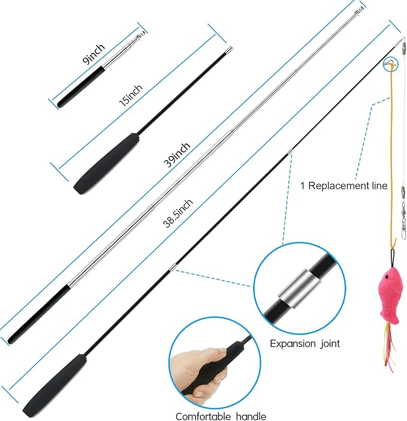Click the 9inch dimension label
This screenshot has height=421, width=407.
[x=94, y=54]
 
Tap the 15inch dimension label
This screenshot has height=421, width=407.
[x=131, y=95]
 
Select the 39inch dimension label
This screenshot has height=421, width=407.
[x=177, y=155]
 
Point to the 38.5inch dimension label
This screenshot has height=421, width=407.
[x=177, y=213]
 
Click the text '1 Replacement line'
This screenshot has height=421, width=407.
[x=343, y=186]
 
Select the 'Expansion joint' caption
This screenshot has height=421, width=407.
[x=305, y=344]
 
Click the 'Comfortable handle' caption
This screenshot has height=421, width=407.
[x=221, y=416]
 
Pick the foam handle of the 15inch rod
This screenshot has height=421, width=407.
[x=107, y=164]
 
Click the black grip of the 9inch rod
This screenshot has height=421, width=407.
[x=81, y=86]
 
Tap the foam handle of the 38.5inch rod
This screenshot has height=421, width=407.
[x=55, y=385]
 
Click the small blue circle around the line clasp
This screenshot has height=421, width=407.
[x=390, y=64]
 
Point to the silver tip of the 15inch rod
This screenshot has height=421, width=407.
[x=229, y=50]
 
